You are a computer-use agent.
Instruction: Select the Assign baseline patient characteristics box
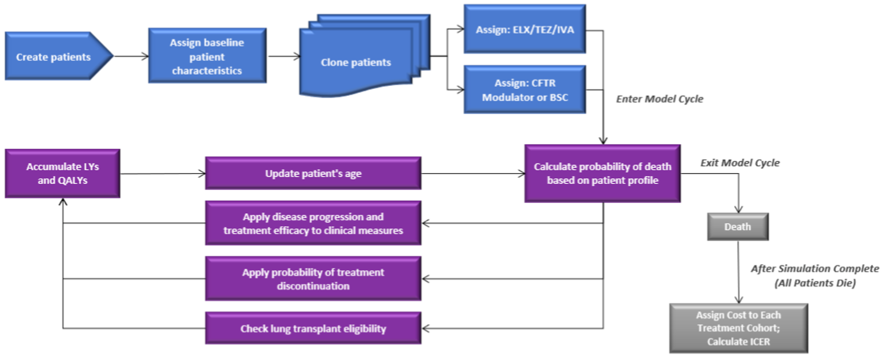207,57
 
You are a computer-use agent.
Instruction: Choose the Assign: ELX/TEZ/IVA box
525,29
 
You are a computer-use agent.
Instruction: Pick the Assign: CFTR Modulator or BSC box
525,90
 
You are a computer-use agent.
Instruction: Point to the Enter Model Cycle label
660,99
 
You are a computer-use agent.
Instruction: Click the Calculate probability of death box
602,173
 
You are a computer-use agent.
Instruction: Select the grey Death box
738,227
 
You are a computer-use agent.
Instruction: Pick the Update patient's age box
313,173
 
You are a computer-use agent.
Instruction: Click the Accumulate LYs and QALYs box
62,173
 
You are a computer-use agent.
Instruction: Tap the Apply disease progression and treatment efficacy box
313,223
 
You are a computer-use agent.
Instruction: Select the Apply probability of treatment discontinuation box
313,279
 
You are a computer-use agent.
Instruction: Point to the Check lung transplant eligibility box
313,329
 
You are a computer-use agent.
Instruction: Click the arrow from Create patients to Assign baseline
131,57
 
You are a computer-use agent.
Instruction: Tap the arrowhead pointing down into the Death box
738,210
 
